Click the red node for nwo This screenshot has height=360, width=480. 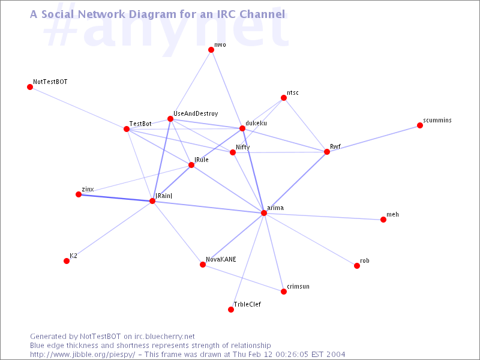211,50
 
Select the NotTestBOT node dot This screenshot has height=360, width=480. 30,87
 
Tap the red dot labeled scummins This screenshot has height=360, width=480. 419,125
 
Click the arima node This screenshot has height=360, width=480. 264,213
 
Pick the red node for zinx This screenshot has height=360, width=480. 79,194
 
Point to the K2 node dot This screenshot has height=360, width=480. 67,261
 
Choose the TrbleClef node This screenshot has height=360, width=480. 231,310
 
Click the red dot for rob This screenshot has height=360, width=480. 356,266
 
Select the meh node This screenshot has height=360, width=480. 383,220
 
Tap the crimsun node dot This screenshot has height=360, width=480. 284,292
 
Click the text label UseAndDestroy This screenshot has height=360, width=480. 196,114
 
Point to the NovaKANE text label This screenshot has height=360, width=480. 221,259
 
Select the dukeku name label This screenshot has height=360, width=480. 256,123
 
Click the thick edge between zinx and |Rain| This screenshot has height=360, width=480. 115,198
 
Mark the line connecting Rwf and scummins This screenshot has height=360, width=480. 373,139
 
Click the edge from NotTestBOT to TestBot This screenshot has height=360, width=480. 79,108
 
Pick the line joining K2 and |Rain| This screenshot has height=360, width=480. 109,231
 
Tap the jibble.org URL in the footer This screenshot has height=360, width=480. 83,355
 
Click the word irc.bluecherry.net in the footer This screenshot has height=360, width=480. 164,337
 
